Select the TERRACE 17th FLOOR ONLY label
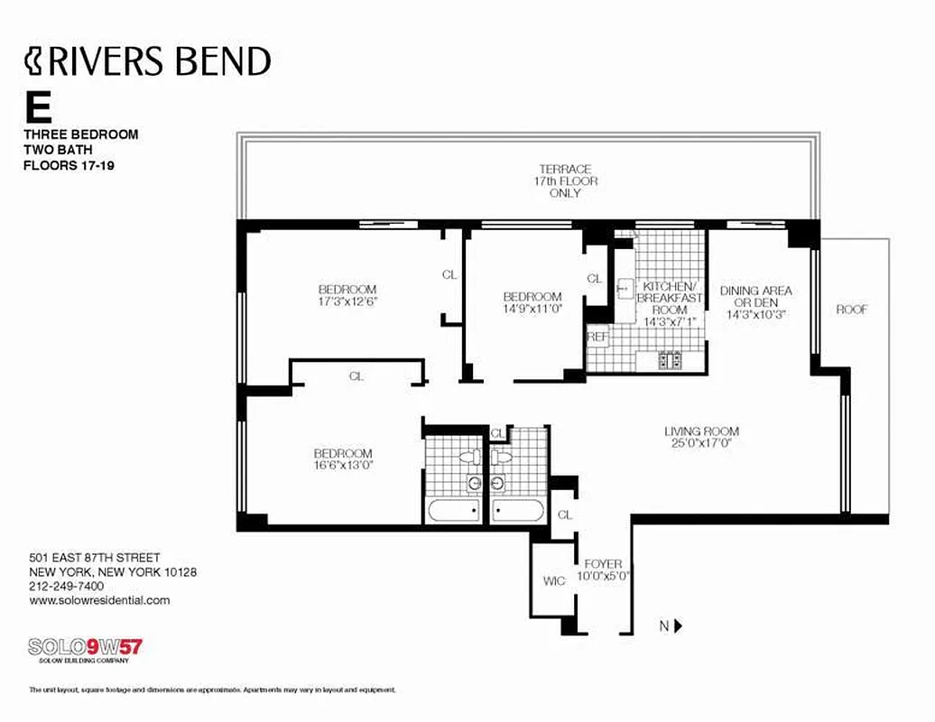[565, 180]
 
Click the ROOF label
[851, 310]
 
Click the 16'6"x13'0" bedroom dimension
[342, 466]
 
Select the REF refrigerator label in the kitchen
[597, 336]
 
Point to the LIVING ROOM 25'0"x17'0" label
[701, 438]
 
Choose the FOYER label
[603, 564]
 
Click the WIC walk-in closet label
[554, 580]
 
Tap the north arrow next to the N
[679, 625]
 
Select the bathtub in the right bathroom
[519, 510]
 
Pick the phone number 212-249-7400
[67, 586]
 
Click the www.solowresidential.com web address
[99, 600]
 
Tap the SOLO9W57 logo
[86, 647]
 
